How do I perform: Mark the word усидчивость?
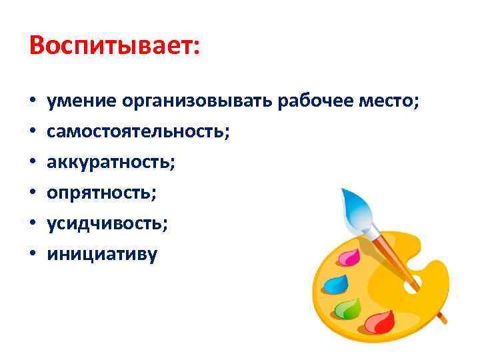pyautogui.click(x=107, y=223)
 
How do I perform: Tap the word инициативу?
pyautogui.click(x=102, y=254)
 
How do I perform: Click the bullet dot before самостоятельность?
pyautogui.click(x=32, y=133)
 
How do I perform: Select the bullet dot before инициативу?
pyautogui.click(x=32, y=255)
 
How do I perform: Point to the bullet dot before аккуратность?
pyautogui.click(x=32, y=163)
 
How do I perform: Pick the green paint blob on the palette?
pyautogui.click(x=347, y=308)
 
